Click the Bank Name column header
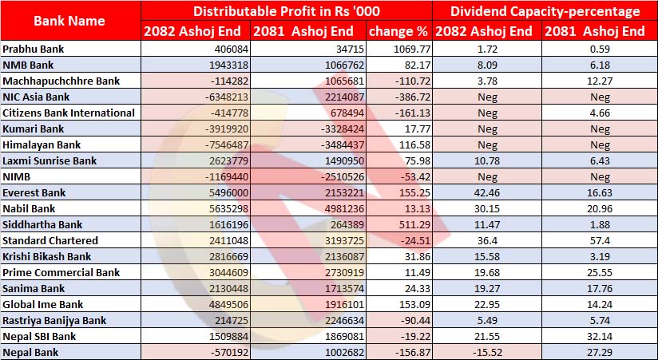coord(70,21)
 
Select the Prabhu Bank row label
coord(31,49)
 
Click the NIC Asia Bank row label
coord(35,97)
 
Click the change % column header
coord(398,32)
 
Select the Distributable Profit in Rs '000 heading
coord(287,11)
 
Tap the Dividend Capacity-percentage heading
coord(545,11)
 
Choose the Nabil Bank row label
coord(28,209)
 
